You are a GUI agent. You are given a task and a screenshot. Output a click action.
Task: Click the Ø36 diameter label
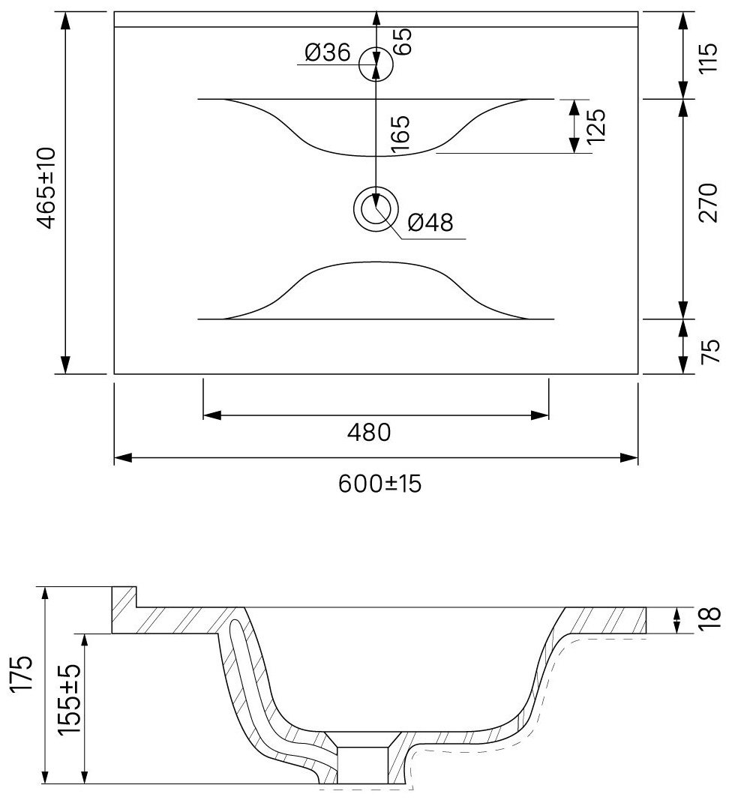pyautogui.click(x=328, y=53)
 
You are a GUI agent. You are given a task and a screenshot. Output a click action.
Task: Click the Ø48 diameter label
pyautogui.click(x=430, y=223)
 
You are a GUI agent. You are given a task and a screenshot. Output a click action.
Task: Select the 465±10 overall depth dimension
pyautogui.click(x=46, y=187)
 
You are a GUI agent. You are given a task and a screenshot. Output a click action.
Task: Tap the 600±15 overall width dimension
pyautogui.click(x=379, y=484)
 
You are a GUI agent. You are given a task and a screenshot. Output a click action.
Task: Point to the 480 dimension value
pyautogui.click(x=368, y=433)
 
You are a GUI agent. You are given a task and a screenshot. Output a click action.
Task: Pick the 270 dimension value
pyautogui.click(x=707, y=202)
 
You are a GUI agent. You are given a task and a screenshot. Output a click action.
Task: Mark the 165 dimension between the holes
pyautogui.click(x=400, y=134)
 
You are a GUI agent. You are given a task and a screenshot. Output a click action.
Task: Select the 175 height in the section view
pyautogui.click(x=22, y=679)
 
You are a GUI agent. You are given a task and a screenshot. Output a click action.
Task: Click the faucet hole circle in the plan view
pyautogui.click(x=376, y=64)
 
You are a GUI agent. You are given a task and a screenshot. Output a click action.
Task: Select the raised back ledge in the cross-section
pyautogui.click(x=124, y=609)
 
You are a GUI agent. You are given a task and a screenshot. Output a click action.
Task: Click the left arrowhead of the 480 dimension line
pyautogui.click(x=211, y=415)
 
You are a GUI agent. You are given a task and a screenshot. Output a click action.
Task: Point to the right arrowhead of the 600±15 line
pyautogui.click(x=628, y=458)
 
